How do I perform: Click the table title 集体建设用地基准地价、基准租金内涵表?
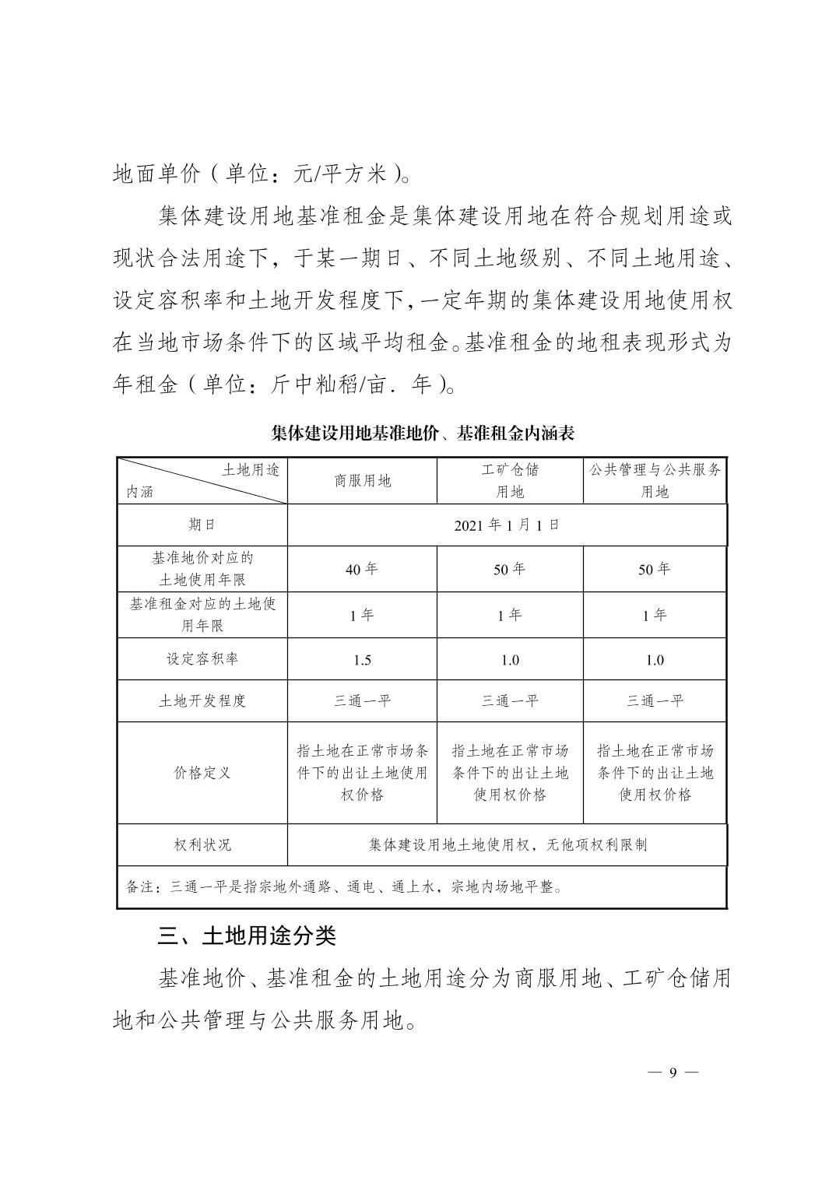tap(423, 434)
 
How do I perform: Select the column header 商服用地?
tap(362, 481)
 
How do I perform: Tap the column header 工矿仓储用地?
tap(510, 481)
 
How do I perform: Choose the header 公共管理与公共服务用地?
tap(655, 481)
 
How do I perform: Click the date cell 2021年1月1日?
tap(507, 525)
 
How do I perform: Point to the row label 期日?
tap(202, 525)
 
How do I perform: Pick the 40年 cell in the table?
tap(362, 569)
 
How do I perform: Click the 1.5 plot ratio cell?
tap(362, 660)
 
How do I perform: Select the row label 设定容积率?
tap(202, 659)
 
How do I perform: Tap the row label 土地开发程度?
tap(202, 700)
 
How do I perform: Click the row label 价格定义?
tap(202, 773)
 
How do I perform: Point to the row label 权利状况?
tap(202, 844)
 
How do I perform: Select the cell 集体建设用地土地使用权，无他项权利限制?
tap(507, 844)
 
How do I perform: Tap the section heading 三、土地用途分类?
tap(247, 935)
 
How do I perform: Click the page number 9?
tap(673, 1072)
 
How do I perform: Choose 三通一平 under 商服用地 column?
tap(362, 700)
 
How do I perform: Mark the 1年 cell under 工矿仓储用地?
tap(510, 615)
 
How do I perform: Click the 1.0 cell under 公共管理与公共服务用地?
tap(655, 660)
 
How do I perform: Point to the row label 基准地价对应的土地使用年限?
tap(202, 569)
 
